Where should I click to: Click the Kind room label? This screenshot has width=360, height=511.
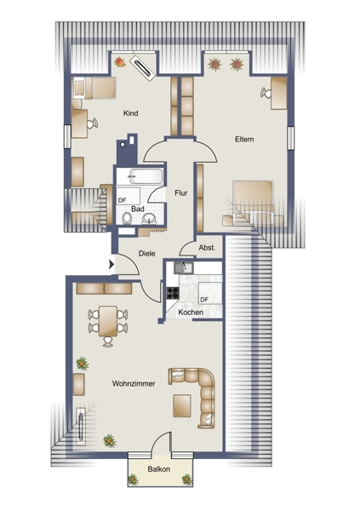pyautogui.click(x=131, y=113)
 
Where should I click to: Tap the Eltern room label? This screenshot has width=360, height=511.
pyautogui.click(x=244, y=139)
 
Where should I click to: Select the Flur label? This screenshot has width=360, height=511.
pyautogui.click(x=181, y=193)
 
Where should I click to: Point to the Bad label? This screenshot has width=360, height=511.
pyautogui.click(x=138, y=209)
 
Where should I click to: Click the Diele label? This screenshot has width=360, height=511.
pyautogui.click(x=146, y=253)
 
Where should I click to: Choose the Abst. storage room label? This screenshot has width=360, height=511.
pyautogui.click(x=207, y=247)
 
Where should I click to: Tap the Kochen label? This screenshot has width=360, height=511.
pyautogui.click(x=191, y=312)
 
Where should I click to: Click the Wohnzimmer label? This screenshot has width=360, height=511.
pyautogui.click(x=134, y=383)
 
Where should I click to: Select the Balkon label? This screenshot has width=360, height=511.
pyautogui.click(x=158, y=469)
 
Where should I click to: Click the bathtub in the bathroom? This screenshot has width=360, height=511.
pyautogui.click(x=146, y=176)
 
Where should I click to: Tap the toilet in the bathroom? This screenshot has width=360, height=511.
pyautogui.click(x=127, y=218)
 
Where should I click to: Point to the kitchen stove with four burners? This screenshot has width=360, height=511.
pyautogui.click(x=173, y=293)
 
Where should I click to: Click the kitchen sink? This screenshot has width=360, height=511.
pyautogui.click(x=184, y=267)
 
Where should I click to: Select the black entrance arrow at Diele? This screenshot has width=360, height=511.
pyautogui.click(x=111, y=264)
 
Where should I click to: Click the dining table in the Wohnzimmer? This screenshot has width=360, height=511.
pyautogui.click(x=108, y=321)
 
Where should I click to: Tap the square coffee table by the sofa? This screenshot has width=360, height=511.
pyautogui.click(x=182, y=405)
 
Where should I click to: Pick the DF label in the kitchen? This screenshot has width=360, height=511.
pyautogui.click(x=204, y=299)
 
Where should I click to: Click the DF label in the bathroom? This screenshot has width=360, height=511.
pyautogui.click(x=122, y=200)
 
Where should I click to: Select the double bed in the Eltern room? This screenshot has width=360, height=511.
pyautogui.click(x=253, y=203)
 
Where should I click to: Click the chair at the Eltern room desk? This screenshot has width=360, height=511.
pyautogui.click(x=266, y=93)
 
